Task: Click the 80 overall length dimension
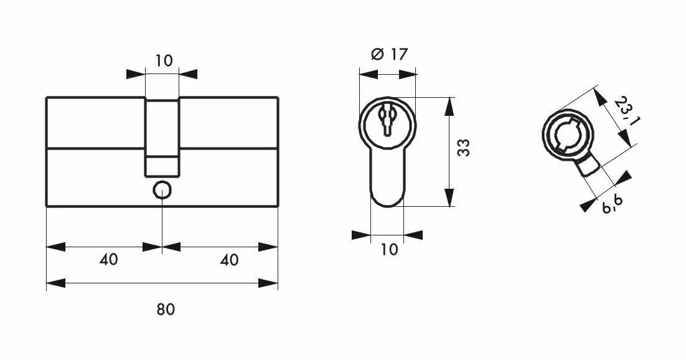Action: click(166, 310)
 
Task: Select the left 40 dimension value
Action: click(108, 260)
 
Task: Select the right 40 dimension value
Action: click(229, 260)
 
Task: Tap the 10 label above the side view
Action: click(164, 60)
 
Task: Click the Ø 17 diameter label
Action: click(389, 54)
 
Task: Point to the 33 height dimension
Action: click(464, 148)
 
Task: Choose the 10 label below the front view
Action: click(389, 250)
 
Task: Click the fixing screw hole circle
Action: click(162, 190)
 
